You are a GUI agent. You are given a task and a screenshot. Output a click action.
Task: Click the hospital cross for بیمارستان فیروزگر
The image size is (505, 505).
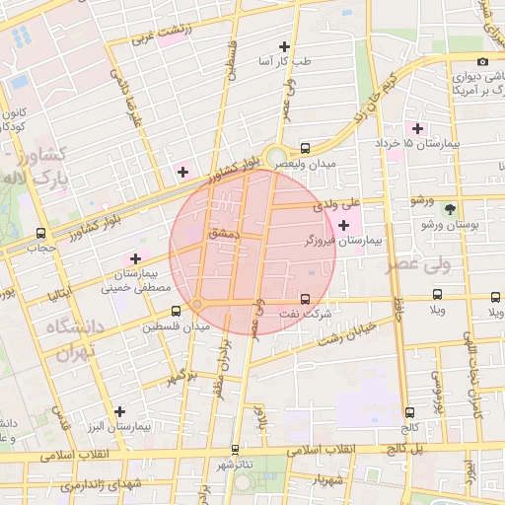pyautogui.click(x=342, y=226)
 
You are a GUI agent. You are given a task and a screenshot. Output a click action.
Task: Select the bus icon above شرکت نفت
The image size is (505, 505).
pyautogui.click(x=304, y=298)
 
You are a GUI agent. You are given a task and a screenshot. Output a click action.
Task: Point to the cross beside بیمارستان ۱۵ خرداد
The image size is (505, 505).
pyautogui.click(x=417, y=128)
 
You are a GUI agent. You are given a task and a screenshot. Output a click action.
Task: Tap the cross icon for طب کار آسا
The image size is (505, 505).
pyautogui.click(x=284, y=46)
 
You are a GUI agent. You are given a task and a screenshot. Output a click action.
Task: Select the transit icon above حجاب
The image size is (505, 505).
pyautogui.click(x=40, y=234)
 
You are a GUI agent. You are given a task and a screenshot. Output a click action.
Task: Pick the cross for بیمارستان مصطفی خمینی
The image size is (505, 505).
pyautogui.click(x=135, y=258)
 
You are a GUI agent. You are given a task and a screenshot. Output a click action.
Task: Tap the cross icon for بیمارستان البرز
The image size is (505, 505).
pyautogui.click(x=120, y=411)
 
